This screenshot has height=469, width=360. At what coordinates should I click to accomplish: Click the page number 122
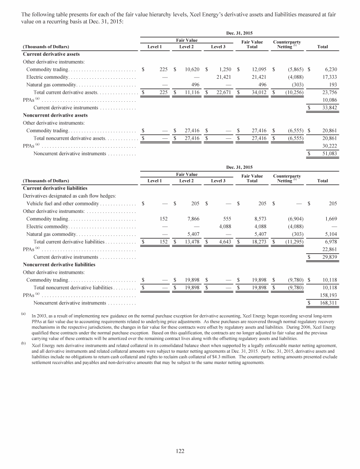[180, 451]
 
